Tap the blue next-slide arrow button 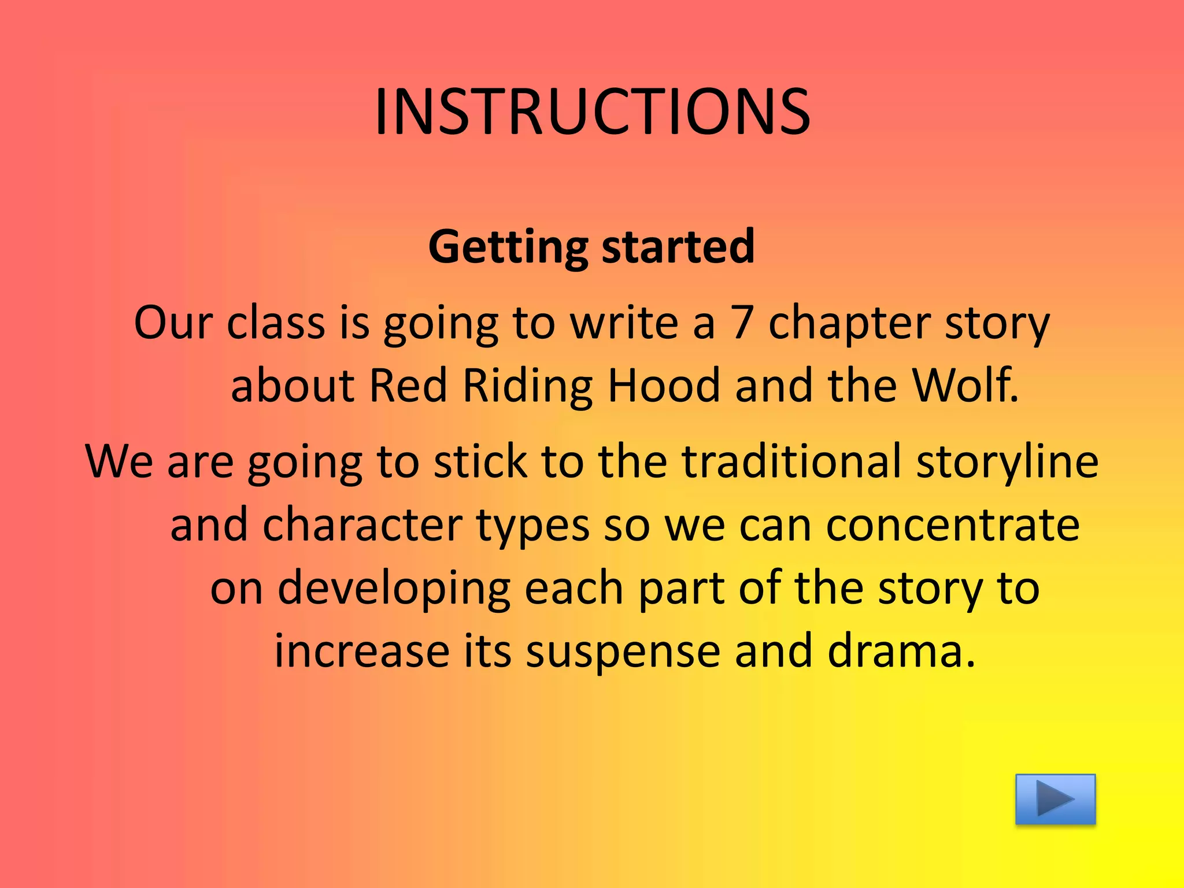1055,799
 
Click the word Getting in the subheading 507,247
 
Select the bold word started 678,247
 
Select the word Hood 664,386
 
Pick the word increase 361,651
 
